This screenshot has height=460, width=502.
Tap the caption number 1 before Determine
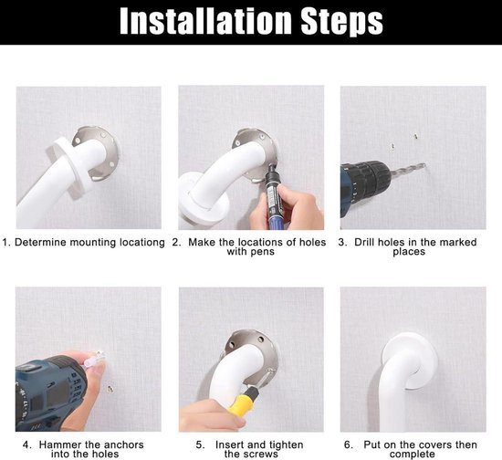click(x=5, y=243)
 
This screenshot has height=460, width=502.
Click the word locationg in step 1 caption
click(x=137, y=243)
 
